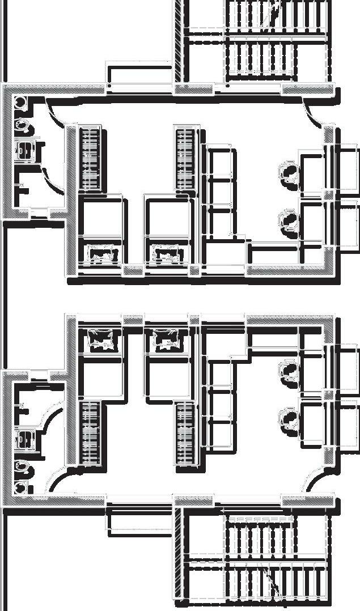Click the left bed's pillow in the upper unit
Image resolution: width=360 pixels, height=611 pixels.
(x=102, y=253)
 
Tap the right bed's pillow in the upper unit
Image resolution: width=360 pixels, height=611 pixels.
(x=168, y=253)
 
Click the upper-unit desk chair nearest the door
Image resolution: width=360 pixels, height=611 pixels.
(x=289, y=172)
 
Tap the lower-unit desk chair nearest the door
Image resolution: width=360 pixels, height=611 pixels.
(x=289, y=420)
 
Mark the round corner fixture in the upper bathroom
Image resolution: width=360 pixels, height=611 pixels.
(x=19, y=103)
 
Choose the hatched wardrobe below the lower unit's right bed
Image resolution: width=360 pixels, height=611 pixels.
(x=185, y=434)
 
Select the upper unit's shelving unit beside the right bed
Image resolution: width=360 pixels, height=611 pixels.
(x=219, y=193)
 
